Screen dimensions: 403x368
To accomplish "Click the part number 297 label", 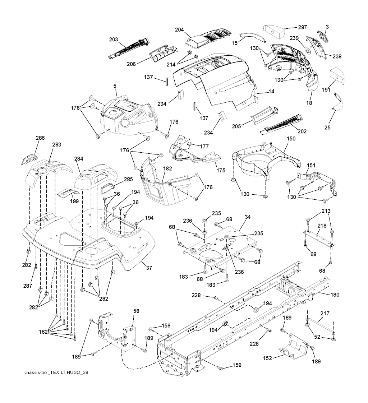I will pyautogui.click(x=302, y=28).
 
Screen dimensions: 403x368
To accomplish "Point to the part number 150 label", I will pyautogui.click(x=291, y=138).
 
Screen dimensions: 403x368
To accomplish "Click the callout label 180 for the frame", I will pyautogui.click(x=335, y=295).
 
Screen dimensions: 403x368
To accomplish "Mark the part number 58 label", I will pyautogui.click(x=136, y=311).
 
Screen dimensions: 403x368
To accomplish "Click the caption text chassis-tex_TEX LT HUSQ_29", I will pyautogui.click(x=56, y=372).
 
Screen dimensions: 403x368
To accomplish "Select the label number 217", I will pyautogui.click(x=325, y=314).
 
